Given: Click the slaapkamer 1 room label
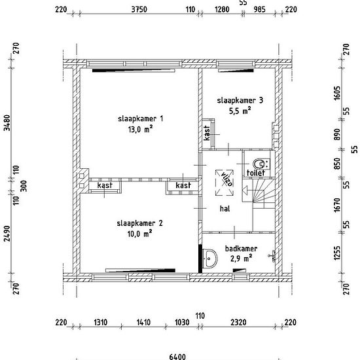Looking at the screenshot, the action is click(x=141, y=118).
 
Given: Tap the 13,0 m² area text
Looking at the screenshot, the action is click(x=141, y=130).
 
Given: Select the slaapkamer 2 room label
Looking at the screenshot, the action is click(x=140, y=223).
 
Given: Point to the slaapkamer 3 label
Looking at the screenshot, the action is click(x=240, y=100).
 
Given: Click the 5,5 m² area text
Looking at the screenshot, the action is click(x=240, y=111).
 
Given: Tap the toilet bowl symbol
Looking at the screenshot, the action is click(x=259, y=164).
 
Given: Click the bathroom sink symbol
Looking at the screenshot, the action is click(x=210, y=259).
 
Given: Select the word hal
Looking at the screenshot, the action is click(x=225, y=208).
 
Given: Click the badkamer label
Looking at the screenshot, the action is click(x=241, y=249).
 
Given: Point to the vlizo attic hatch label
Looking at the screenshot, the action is click(x=226, y=179).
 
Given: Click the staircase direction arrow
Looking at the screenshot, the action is click(x=247, y=190).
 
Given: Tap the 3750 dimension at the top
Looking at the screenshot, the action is click(x=139, y=9).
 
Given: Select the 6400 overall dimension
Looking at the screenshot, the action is click(x=177, y=357).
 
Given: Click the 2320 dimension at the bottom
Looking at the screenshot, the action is click(x=238, y=322).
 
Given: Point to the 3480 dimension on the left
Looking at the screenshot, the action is click(x=7, y=123).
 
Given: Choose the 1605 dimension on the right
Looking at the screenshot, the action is click(x=337, y=93).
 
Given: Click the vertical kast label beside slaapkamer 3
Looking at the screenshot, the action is click(x=207, y=133).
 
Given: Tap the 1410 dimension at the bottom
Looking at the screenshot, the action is click(x=143, y=322).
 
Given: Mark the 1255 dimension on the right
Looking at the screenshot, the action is click(x=337, y=253).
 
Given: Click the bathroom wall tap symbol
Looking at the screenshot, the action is click(x=272, y=256).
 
